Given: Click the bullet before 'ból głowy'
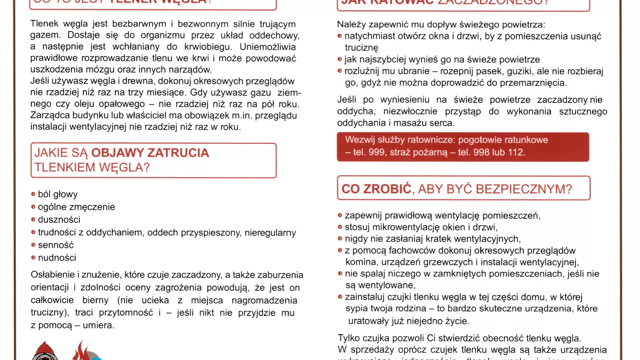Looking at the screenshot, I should (x=33, y=194).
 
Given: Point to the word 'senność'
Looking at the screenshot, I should (x=56, y=245).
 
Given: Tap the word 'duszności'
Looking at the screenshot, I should (x=59, y=220).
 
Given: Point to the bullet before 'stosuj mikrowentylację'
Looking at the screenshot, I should (x=340, y=227).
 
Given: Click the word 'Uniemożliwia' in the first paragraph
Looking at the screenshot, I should (x=268, y=47).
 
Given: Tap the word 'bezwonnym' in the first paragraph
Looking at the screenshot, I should (x=203, y=24).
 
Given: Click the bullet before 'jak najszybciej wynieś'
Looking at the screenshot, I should (x=340, y=59).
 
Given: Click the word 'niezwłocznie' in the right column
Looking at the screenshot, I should (x=410, y=111).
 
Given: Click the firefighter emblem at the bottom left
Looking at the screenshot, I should (x=45, y=351).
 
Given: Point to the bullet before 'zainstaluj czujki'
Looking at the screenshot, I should (x=340, y=297).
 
